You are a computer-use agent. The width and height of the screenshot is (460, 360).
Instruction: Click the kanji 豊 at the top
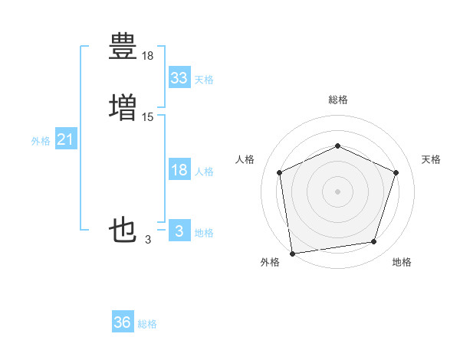(123, 47)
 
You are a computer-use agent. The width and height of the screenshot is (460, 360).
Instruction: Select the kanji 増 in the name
(123, 106)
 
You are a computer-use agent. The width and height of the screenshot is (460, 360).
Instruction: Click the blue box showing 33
(179, 78)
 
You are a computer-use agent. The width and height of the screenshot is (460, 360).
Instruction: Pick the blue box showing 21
(65, 140)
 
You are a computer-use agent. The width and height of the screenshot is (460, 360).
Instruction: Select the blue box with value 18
(179, 171)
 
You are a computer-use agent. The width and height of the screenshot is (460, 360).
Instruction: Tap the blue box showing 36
(123, 322)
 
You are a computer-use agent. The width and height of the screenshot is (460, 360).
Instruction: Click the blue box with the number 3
(179, 231)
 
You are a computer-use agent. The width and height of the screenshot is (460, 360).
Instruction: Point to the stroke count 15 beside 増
(148, 116)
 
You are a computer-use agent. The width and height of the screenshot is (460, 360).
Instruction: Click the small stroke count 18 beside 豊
(148, 56)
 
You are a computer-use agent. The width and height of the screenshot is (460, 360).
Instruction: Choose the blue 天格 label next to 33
(203, 80)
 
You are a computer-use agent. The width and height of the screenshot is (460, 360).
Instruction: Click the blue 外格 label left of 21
(41, 141)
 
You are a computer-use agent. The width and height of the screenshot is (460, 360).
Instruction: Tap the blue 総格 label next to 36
(147, 324)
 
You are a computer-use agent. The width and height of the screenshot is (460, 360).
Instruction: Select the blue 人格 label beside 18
(203, 172)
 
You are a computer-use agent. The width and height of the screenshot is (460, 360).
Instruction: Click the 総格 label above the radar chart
(337, 100)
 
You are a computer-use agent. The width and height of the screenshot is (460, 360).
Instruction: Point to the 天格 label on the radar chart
(431, 159)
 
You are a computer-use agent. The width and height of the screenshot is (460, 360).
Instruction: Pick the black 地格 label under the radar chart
(402, 262)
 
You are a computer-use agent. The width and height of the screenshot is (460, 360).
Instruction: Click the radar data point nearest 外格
(292, 253)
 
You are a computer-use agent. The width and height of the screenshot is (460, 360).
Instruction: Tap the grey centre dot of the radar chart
(337, 191)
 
